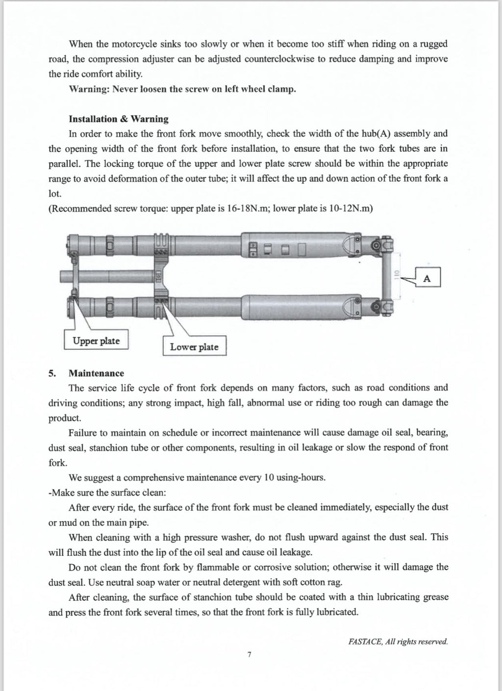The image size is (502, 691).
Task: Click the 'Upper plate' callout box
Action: point(96,341)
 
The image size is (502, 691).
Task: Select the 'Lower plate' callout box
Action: point(194,347)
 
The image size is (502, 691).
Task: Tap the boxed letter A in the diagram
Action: point(427,278)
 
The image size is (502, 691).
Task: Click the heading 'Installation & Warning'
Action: point(118,119)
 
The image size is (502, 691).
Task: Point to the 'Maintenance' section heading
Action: point(96,373)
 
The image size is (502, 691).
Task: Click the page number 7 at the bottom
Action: point(250,654)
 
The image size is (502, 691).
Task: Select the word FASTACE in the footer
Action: point(363,641)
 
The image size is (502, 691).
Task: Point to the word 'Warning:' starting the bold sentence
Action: point(89,89)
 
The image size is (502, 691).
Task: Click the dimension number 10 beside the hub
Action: point(398,272)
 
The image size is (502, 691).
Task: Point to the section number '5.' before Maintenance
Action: point(52,373)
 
